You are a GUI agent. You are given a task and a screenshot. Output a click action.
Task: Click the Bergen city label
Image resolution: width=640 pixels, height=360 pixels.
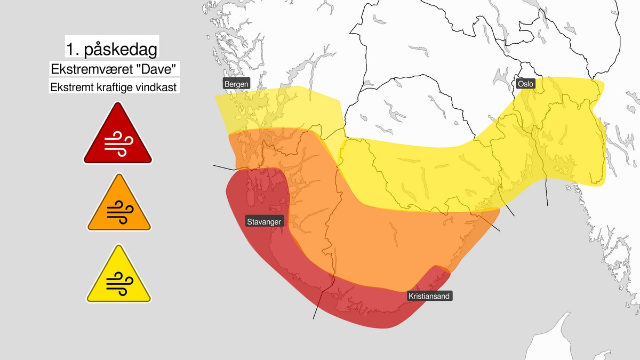236,84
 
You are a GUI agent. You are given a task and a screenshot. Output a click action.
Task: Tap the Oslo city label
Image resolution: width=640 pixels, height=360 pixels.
525,84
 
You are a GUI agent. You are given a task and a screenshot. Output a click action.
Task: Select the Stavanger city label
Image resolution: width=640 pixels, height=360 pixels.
263,221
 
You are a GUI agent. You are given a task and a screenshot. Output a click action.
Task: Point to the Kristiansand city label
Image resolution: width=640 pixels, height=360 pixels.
429,295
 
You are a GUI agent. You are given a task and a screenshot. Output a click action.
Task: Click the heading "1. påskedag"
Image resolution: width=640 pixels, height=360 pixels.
111,50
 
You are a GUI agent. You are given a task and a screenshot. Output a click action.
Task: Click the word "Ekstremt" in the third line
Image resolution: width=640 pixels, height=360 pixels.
71,87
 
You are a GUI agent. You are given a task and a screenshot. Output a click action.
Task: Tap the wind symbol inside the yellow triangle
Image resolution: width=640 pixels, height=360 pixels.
118,282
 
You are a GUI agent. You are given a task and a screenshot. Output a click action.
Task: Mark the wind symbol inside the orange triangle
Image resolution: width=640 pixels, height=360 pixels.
118,211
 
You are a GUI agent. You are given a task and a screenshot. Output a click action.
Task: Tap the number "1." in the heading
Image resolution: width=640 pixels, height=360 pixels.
73,50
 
